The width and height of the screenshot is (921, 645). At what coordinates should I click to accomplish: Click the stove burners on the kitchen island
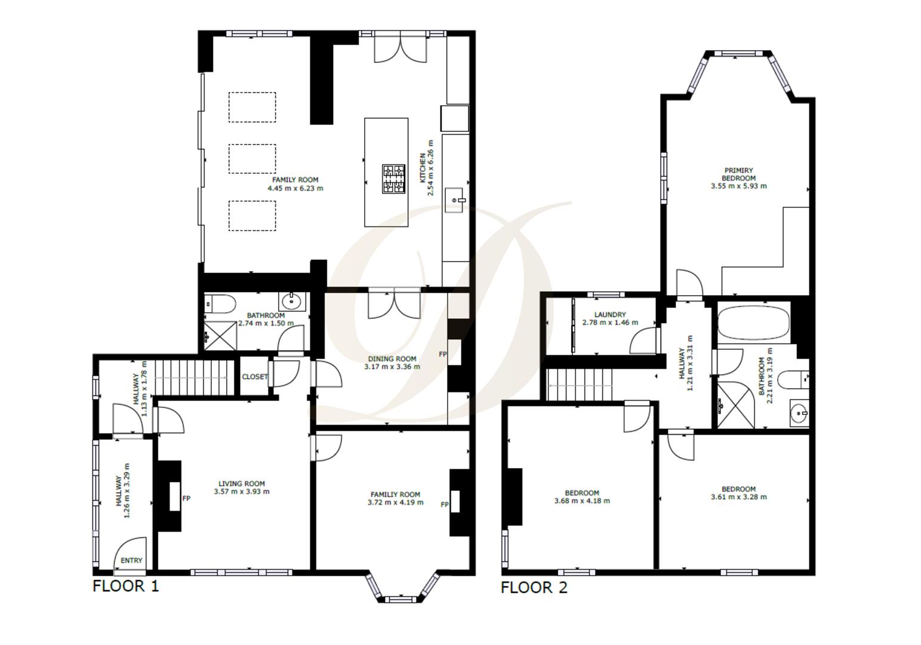coord(393,179)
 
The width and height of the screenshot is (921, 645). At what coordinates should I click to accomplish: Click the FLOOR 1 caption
coord(126,586)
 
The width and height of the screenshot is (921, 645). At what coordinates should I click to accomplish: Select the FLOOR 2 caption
coord(534,588)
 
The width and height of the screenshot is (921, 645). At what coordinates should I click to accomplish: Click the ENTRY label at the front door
coord(131,560)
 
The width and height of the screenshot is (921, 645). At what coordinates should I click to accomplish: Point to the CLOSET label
coord(255,377)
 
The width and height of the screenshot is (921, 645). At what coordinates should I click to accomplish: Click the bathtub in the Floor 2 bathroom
coord(753,323)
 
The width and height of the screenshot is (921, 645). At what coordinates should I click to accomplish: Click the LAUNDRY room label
coord(610,315)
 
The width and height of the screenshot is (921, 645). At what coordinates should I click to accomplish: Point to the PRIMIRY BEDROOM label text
coord(738,174)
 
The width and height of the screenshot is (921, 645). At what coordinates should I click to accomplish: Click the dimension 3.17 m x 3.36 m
coord(392,367)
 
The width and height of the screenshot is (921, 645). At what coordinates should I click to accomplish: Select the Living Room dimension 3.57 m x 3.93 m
coord(241,492)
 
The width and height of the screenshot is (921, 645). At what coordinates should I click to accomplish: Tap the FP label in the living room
coord(186,498)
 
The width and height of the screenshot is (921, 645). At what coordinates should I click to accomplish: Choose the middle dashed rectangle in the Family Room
coord(252,159)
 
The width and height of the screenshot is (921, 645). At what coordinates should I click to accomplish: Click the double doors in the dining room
coord(394,303)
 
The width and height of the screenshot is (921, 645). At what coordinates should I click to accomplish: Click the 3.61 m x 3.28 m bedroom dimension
coord(738,497)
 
